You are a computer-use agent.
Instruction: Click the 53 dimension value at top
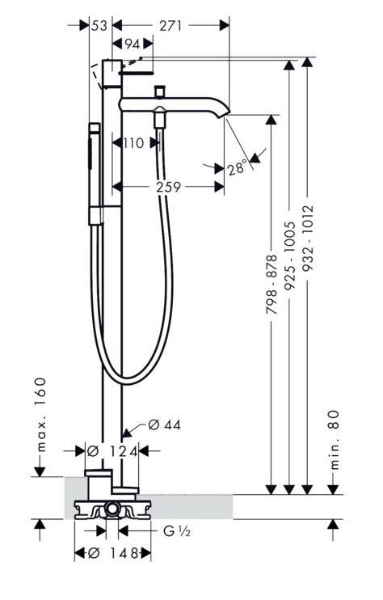tap(99, 26)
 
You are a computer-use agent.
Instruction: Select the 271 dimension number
tap(170, 26)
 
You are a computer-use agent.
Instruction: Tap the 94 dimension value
tap(133, 44)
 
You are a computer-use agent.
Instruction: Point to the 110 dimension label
tap(133, 143)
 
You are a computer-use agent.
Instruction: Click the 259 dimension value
tap(168, 187)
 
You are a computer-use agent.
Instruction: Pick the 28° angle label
tap(237, 167)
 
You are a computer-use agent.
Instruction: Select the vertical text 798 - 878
tap(271, 285)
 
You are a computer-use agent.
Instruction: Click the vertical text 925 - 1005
tap(289, 255)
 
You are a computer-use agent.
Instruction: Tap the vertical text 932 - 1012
tap(307, 238)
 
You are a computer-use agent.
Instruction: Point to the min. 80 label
tap(334, 440)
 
